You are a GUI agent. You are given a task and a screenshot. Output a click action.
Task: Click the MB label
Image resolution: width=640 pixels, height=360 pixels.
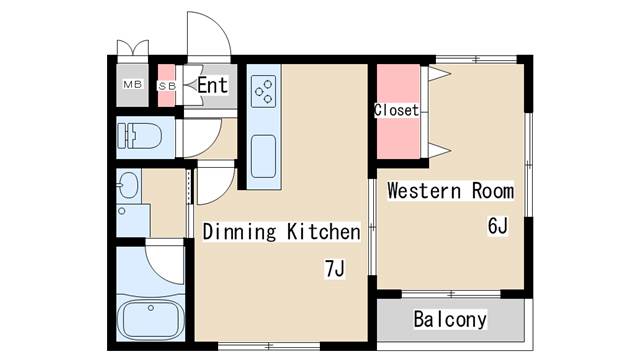(133, 84)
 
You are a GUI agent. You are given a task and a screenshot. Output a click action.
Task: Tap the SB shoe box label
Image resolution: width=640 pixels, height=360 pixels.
(167, 86)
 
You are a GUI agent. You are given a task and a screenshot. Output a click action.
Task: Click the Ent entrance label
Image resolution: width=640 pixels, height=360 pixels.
(212, 85)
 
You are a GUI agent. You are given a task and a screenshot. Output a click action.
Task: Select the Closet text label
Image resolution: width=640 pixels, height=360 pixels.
(396, 110)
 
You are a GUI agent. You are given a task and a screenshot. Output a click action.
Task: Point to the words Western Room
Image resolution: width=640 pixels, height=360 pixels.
(451, 191)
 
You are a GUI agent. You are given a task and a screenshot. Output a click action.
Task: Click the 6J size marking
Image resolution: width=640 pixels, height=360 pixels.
(498, 226)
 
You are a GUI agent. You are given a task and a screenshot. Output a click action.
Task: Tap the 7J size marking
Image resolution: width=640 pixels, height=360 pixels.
(335, 269)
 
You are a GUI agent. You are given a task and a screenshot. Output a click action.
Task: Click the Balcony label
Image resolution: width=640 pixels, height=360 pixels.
(450, 319)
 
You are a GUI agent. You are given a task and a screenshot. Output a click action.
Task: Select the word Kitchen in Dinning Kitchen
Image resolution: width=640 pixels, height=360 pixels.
(324, 232)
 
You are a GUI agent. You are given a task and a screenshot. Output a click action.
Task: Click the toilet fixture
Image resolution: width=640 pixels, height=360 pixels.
(139, 136)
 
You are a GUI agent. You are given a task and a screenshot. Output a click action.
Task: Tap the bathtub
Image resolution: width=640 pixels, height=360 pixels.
(150, 320)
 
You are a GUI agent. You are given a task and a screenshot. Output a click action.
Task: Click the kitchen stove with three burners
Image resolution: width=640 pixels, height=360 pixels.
(263, 91)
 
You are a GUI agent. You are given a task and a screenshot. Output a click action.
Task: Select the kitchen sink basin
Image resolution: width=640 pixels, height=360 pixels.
(263, 156)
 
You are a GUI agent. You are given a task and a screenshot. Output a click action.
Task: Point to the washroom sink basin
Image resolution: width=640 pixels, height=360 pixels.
(129, 185)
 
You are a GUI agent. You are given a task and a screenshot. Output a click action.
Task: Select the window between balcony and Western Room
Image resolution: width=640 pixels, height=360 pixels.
(451, 294)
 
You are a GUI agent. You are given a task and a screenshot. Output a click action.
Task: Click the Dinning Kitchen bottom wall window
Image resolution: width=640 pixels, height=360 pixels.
(269, 347)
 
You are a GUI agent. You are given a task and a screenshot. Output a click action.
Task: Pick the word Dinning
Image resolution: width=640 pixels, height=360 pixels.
(239, 232)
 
